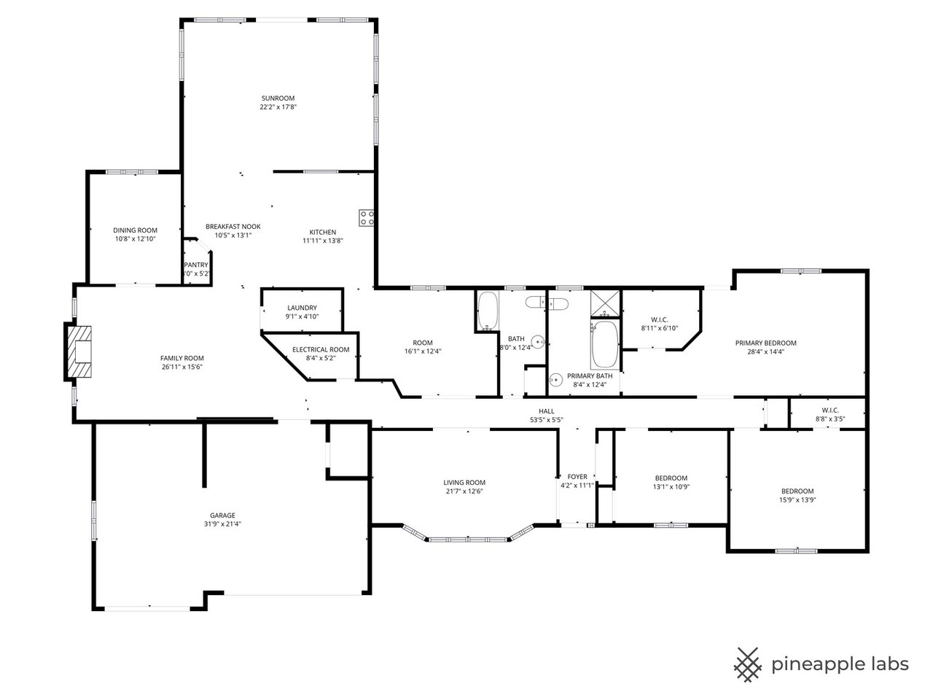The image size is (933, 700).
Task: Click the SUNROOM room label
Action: [x=278, y=98]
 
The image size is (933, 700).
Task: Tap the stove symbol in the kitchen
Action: [x=367, y=217]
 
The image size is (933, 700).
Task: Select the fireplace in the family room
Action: [x=79, y=353]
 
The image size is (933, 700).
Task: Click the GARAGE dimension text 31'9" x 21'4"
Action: [x=222, y=524]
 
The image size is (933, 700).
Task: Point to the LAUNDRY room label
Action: [x=302, y=308]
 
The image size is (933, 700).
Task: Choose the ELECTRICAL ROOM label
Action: [x=321, y=349]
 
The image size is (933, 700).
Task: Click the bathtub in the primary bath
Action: [x=604, y=345]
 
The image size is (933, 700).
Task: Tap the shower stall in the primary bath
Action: [x=604, y=302]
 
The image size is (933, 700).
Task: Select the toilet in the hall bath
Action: [x=536, y=303]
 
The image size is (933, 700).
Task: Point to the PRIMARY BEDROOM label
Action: [x=765, y=343]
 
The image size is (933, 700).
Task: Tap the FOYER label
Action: [x=577, y=477]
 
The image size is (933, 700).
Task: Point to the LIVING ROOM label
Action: [x=464, y=483]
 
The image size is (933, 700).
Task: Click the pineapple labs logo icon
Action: [x=747, y=664]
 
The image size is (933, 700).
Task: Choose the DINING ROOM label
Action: [x=135, y=230]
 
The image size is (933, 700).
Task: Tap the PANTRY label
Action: [x=196, y=265]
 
